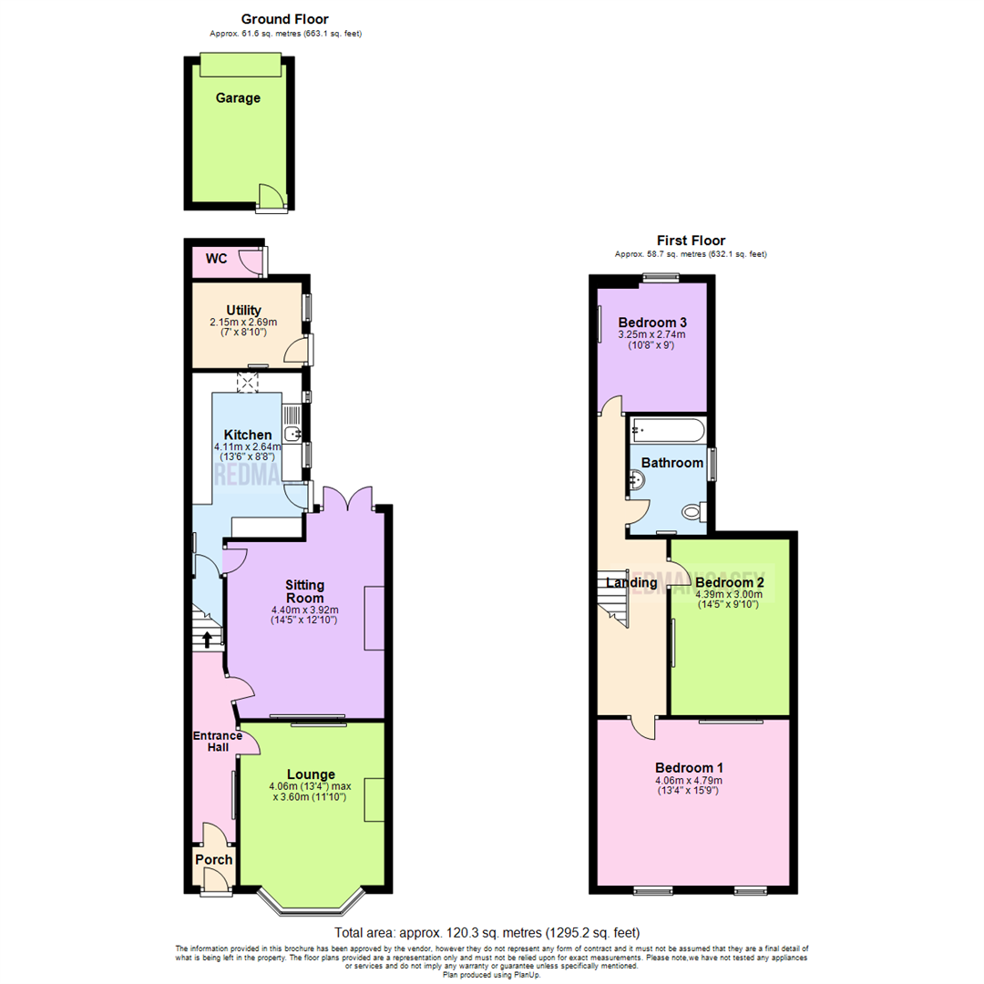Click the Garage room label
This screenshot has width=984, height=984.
click(x=238, y=98)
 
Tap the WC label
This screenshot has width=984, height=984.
click(x=216, y=259)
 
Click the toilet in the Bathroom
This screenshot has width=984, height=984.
click(x=695, y=513)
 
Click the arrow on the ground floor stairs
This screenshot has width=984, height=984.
click(x=208, y=639)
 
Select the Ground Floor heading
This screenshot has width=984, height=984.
click(x=284, y=19)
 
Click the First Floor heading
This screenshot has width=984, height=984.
click(x=691, y=241)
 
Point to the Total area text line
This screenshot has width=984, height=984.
click(x=487, y=933)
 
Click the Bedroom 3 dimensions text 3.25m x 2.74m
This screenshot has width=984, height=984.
click(x=651, y=335)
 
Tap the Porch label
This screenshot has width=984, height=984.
click(x=213, y=859)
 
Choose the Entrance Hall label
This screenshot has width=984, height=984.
click(x=217, y=742)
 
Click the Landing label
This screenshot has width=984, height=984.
click(x=631, y=582)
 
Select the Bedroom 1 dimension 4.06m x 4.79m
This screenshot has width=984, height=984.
click(x=688, y=780)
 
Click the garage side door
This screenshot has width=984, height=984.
click(x=270, y=198)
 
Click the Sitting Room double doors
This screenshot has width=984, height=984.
click(x=351, y=497)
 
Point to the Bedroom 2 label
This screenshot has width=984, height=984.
click(x=729, y=582)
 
